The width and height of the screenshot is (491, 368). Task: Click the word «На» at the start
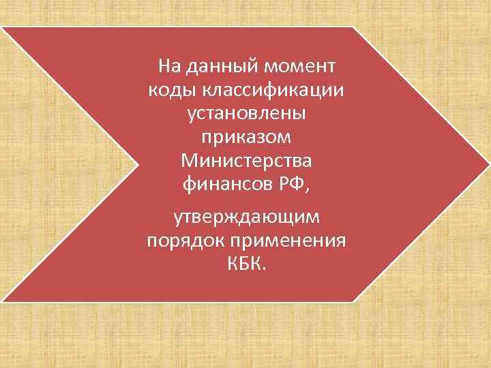[x=168, y=66]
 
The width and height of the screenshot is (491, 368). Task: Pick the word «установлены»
[x=246, y=113]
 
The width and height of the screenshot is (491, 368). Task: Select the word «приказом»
[x=246, y=137]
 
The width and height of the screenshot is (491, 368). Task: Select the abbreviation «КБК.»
[x=246, y=264]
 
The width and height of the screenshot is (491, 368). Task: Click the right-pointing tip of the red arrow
[x=488, y=164]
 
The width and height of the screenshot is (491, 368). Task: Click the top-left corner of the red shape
[x=3, y=28]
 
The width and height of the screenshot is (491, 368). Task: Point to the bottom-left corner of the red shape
[x=3, y=301]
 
